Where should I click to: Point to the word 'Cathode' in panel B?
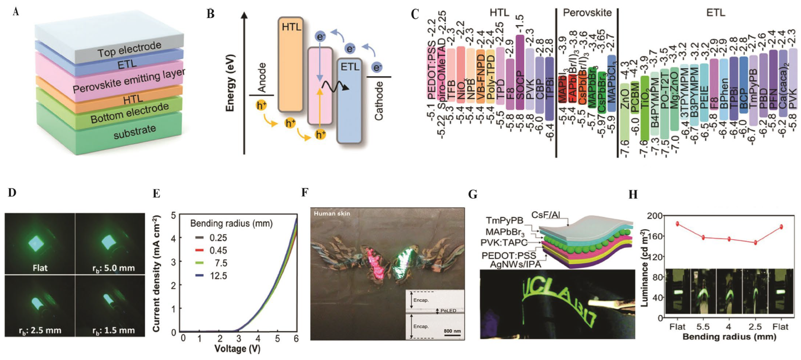[x=378, y=101]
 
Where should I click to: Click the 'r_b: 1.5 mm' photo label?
[x=114, y=330]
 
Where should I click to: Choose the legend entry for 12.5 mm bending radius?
[x=211, y=276]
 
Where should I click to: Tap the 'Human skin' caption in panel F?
[x=332, y=214]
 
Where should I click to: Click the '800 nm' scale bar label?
[x=452, y=331]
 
